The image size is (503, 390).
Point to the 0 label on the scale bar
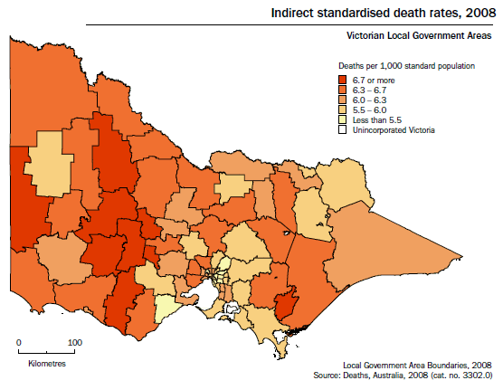(x=19, y=343)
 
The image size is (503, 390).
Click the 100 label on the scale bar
(x=75, y=343)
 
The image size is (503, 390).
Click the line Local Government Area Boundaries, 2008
(x=417, y=363)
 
